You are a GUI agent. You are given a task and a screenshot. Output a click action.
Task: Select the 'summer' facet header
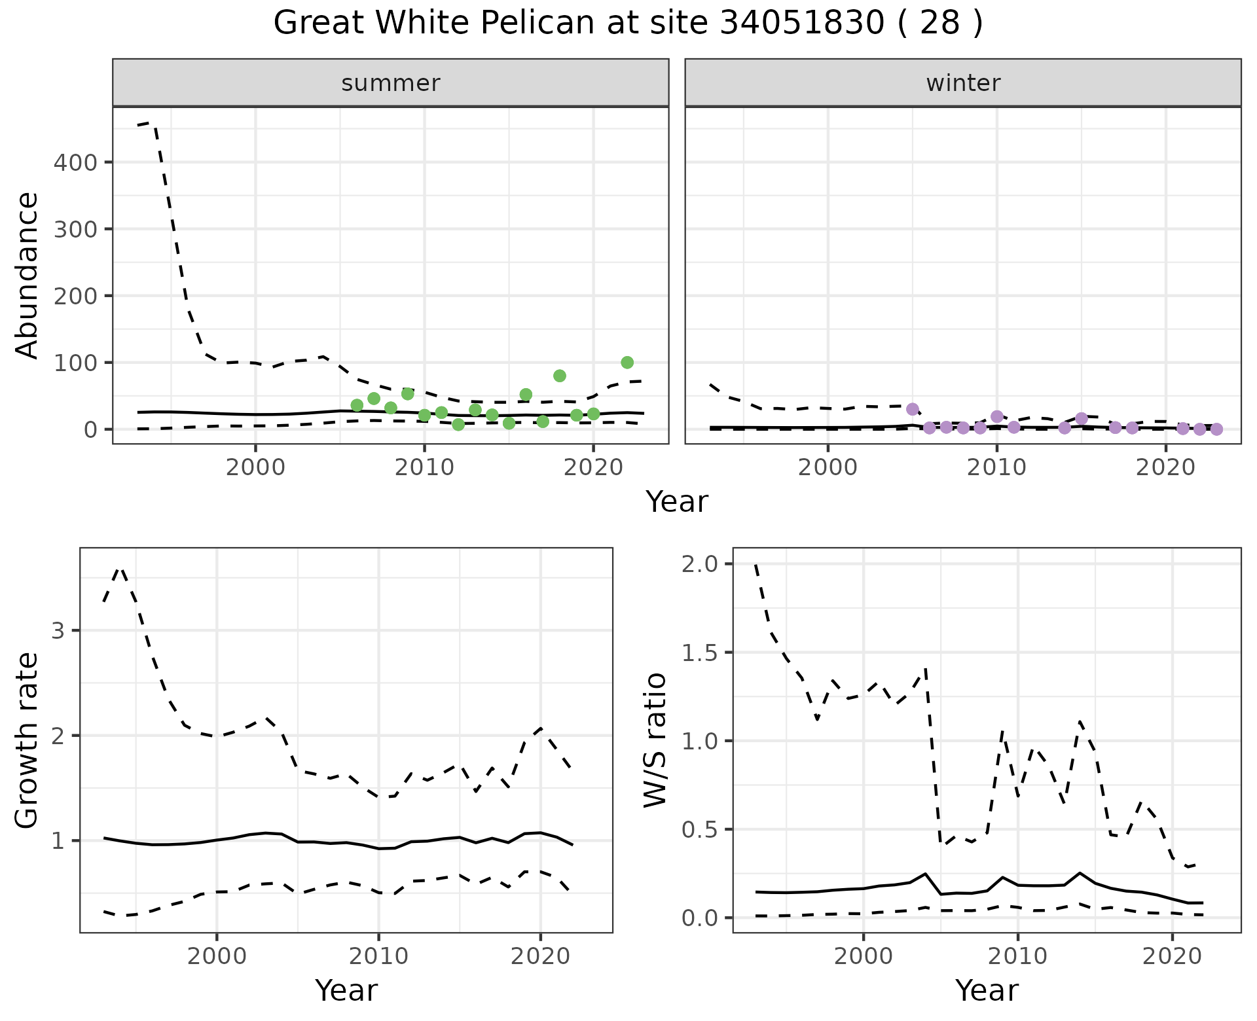[390, 83]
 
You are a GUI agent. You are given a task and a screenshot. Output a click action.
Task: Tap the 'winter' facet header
[962, 83]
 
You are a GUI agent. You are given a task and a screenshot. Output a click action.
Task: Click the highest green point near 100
[627, 363]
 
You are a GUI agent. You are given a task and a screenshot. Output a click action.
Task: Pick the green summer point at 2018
[559, 376]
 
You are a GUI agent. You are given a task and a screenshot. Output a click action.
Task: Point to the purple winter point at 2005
[913, 409]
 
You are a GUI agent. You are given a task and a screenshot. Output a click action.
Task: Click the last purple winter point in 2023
[1216, 429]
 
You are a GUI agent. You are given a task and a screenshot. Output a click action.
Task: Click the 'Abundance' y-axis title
[27, 275]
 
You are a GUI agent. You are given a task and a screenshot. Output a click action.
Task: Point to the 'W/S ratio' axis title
[655, 740]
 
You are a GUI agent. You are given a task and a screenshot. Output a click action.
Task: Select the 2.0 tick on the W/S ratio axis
[699, 564]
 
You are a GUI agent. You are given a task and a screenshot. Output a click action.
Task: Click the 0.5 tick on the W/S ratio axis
[699, 830]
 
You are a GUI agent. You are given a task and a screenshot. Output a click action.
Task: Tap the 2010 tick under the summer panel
[424, 468]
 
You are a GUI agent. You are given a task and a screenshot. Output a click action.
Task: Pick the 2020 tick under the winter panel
[1165, 468]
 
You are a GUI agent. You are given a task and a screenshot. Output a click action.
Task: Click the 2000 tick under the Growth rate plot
[217, 956]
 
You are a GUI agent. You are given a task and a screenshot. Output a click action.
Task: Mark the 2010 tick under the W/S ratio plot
[1017, 956]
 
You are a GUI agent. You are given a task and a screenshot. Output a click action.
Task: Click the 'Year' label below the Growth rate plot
[346, 990]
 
